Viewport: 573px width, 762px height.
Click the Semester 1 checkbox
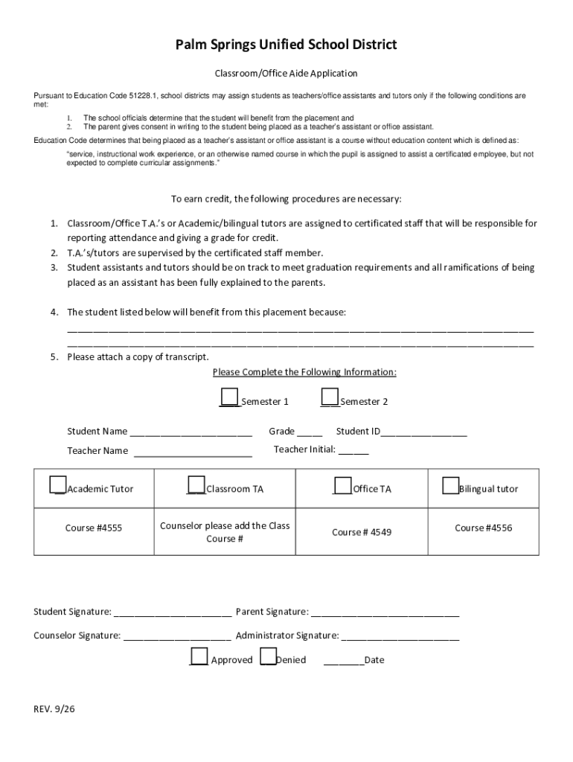(x=230, y=397)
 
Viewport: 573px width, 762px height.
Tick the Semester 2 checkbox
(x=330, y=397)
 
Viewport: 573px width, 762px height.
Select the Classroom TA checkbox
(x=196, y=484)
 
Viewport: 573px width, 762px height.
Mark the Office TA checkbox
(x=342, y=484)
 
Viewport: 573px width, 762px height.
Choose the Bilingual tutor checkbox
(x=450, y=484)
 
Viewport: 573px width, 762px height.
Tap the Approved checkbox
(x=199, y=656)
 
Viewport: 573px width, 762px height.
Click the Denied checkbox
(x=268, y=656)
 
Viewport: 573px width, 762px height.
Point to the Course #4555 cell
(x=93, y=528)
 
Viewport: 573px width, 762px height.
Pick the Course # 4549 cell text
(x=362, y=532)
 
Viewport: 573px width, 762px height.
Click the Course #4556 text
(x=484, y=528)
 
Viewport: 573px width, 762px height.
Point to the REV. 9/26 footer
(x=54, y=709)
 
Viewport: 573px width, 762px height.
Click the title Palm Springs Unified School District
(x=286, y=45)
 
